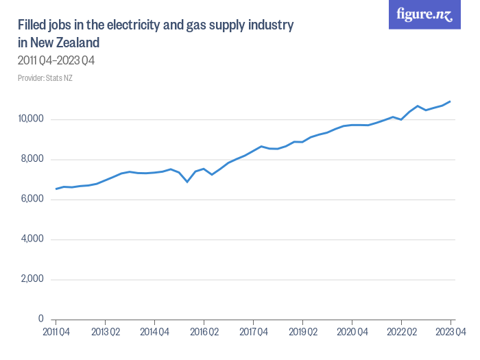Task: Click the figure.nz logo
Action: pyautogui.click(x=424, y=14)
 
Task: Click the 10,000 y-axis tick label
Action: pyautogui.click(x=31, y=119)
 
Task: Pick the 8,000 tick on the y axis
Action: pyautogui.click(x=32, y=159)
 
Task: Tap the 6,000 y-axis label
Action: pyautogui.click(x=32, y=200)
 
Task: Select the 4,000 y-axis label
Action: pyautogui.click(x=32, y=239)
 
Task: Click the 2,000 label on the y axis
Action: pyautogui.click(x=32, y=279)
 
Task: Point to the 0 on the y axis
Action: pyautogui.click(x=42, y=320)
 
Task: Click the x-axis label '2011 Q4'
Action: pyautogui.click(x=56, y=332)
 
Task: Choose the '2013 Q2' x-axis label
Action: pyautogui.click(x=105, y=332)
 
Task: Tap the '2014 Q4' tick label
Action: pyautogui.click(x=154, y=332)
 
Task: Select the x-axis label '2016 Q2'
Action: pyautogui.click(x=204, y=332)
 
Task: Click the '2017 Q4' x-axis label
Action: pyautogui.click(x=253, y=332)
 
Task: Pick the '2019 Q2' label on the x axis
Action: pyautogui.click(x=302, y=332)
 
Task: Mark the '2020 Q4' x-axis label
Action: pyautogui.click(x=352, y=332)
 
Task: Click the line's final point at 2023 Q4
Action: pyautogui.click(x=451, y=101)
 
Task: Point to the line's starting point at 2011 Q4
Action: pyautogui.click(x=56, y=189)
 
